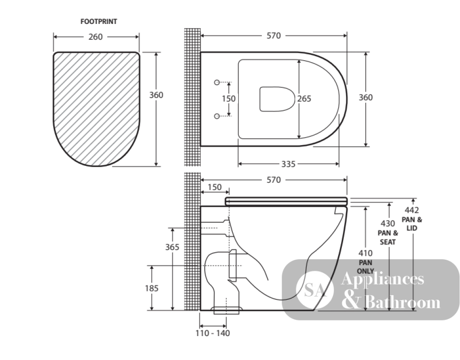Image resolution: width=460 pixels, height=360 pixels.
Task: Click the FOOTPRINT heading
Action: [99, 22]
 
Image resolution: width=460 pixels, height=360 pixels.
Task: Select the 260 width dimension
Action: [96, 37]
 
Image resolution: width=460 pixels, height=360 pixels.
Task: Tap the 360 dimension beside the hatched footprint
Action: [156, 95]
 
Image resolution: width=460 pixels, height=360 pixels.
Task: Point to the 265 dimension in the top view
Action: [304, 99]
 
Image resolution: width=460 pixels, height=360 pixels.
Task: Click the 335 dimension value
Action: [288, 164]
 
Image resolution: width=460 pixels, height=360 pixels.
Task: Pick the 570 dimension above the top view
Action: [274, 36]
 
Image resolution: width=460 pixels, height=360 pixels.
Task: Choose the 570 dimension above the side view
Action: [274, 180]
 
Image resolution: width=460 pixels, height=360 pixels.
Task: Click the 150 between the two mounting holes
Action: [229, 99]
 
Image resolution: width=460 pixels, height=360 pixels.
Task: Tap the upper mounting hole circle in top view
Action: [217, 82]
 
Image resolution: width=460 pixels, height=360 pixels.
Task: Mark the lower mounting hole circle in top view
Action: [217, 116]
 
